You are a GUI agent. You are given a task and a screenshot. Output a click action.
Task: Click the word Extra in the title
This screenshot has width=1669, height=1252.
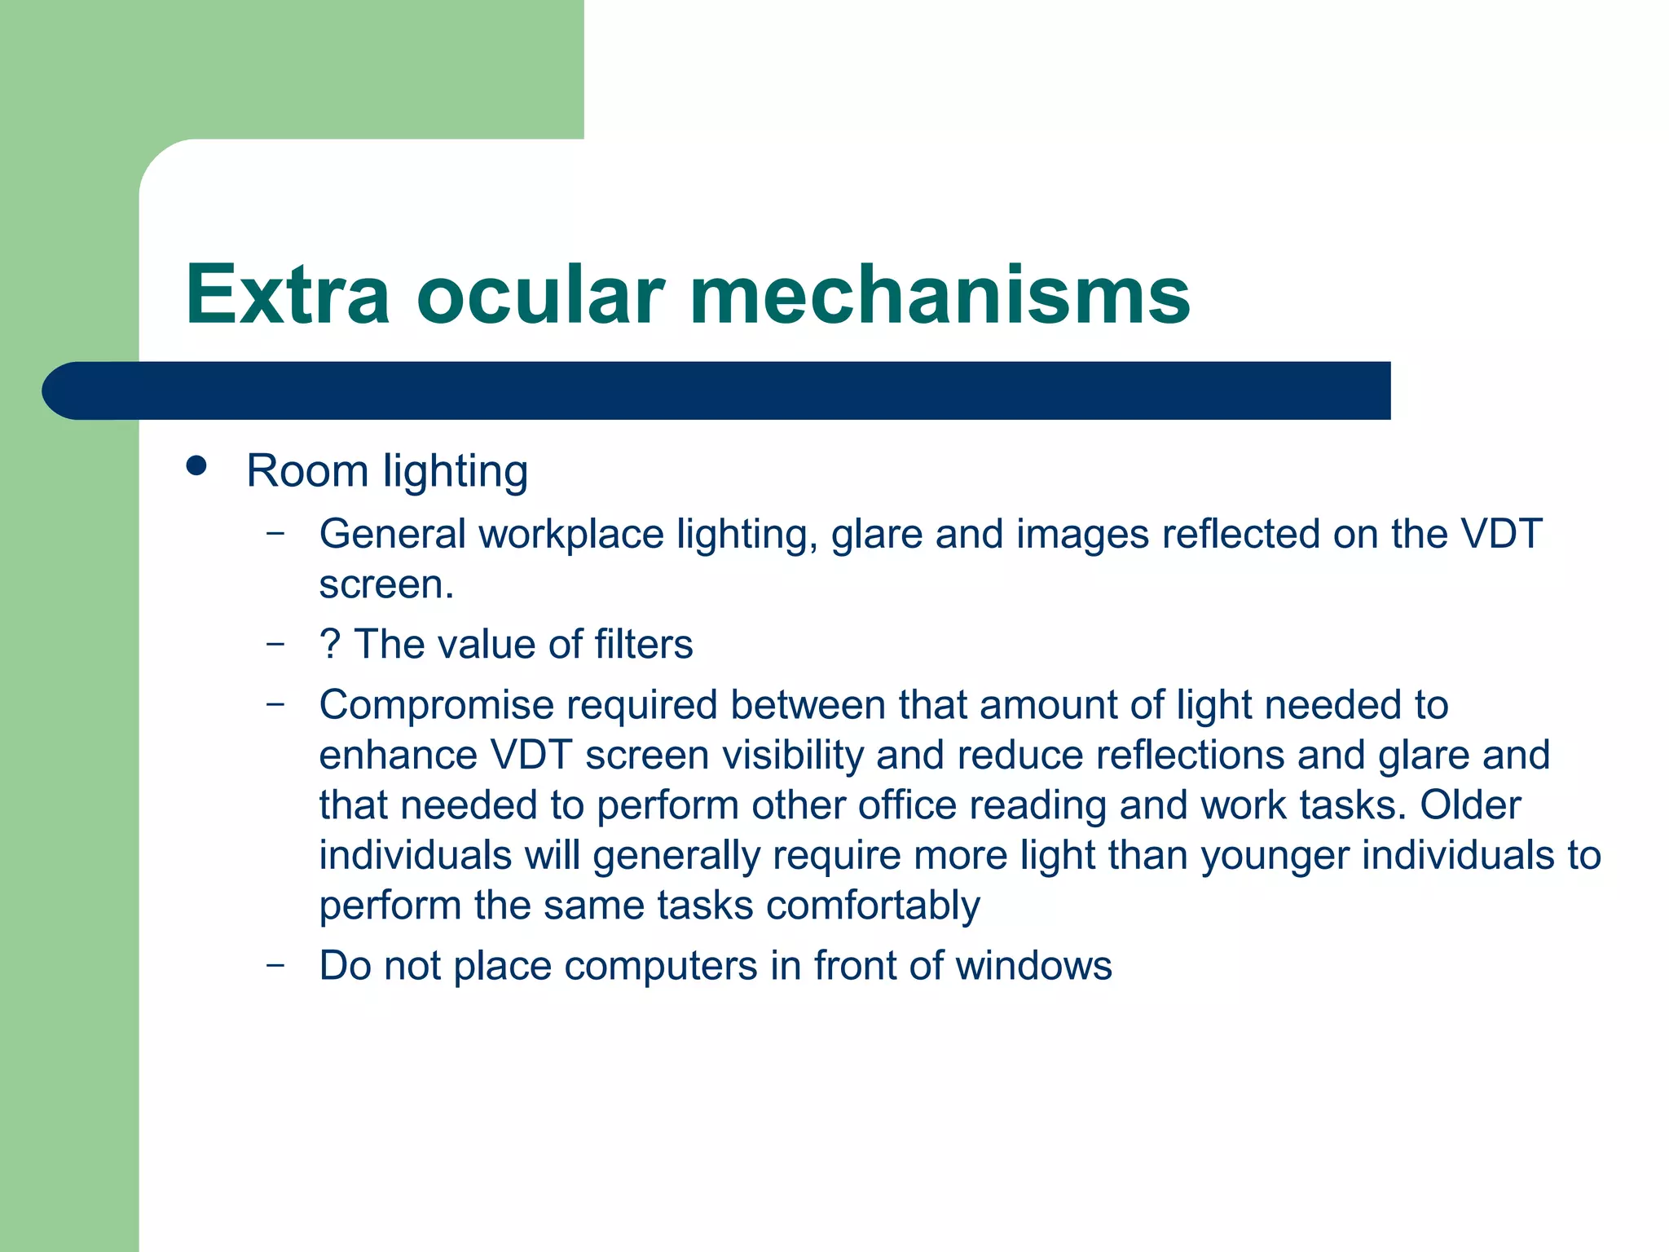point(287,295)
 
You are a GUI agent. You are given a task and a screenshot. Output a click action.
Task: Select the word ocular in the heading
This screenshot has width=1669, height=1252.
point(540,295)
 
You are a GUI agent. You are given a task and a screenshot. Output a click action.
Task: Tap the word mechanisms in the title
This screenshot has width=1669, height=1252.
point(940,295)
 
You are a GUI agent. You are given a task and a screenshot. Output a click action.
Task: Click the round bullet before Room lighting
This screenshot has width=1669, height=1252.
point(196,466)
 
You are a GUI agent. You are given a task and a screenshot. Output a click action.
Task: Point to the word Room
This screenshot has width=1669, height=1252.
point(307,471)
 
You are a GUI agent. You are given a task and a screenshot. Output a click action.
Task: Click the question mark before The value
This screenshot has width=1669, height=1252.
point(329,644)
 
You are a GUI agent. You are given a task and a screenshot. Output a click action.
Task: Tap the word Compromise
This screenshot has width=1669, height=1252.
point(436,706)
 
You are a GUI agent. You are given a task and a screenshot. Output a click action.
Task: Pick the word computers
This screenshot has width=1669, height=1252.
point(661,966)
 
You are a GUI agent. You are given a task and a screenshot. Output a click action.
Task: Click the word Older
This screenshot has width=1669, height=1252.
point(1470,805)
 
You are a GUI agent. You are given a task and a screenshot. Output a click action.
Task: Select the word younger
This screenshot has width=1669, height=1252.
point(1274,856)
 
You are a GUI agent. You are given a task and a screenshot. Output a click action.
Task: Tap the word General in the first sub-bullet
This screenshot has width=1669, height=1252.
point(392,535)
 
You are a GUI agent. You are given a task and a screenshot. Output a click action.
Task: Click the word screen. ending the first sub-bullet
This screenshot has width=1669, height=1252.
point(385,585)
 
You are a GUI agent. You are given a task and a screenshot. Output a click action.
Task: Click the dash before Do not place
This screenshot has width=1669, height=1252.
point(275,965)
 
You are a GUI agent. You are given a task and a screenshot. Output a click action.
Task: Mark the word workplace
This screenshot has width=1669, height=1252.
point(571,535)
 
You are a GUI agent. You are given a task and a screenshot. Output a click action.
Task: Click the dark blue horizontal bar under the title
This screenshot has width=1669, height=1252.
point(717,390)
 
